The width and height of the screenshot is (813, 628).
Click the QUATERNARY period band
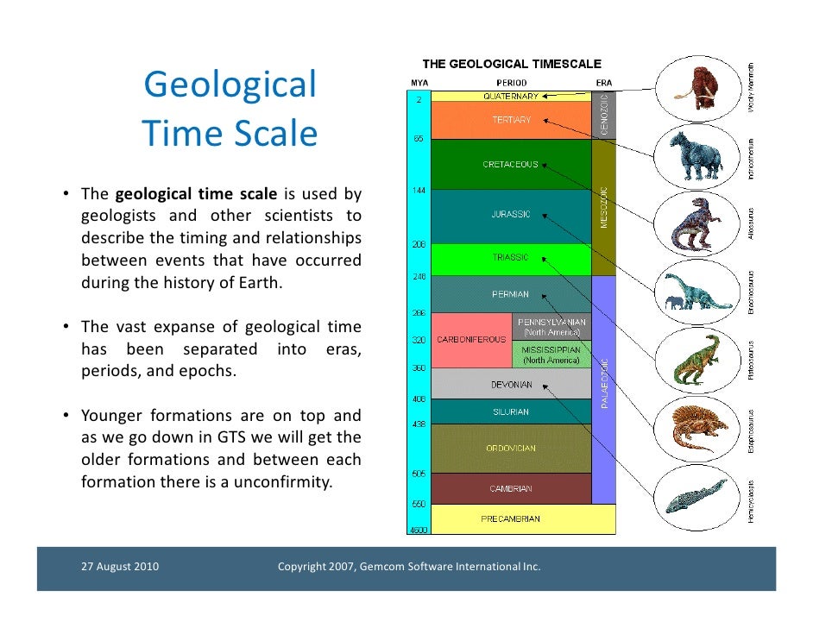click(x=511, y=97)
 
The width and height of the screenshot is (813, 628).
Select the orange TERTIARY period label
click(x=511, y=120)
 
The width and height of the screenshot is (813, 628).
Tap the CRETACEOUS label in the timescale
click(x=511, y=164)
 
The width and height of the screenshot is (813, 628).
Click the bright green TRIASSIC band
click(x=511, y=258)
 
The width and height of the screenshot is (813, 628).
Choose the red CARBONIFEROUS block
click(x=471, y=340)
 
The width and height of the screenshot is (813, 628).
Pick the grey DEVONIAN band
click(x=511, y=383)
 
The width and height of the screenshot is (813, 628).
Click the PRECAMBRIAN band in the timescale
click(x=511, y=519)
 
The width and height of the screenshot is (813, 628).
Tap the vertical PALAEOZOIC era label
click(x=604, y=383)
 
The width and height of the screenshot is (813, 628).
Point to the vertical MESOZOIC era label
click(x=604, y=207)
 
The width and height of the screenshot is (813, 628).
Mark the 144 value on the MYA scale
click(x=417, y=188)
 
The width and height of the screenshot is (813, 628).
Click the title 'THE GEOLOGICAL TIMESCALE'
click(x=512, y=64)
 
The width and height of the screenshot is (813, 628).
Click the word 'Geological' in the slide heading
click(x=230, y=85)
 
